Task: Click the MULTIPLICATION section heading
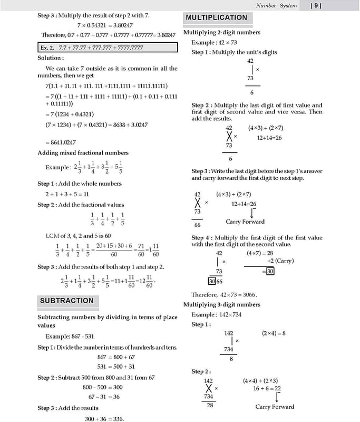tap(216, 17)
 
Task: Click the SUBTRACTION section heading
tap(66, 301)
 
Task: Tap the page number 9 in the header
tap(315, 6)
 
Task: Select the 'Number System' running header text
tap(276, 6)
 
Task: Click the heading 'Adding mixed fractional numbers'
tap(83, 153)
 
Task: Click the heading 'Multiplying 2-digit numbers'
tap(221, 33)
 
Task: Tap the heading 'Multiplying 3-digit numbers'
tap(221, 305)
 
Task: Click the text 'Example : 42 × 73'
tap(214, 42)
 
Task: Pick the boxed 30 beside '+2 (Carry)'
tap(270, 271)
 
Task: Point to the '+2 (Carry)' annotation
tap(280, 261)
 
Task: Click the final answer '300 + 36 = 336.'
tap(104, 419)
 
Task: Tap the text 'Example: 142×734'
tap(217, 315)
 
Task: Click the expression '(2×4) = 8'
tap(274, 333)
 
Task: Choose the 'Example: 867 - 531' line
tap(70, 337)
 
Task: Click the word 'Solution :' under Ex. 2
tap(51, 58)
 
